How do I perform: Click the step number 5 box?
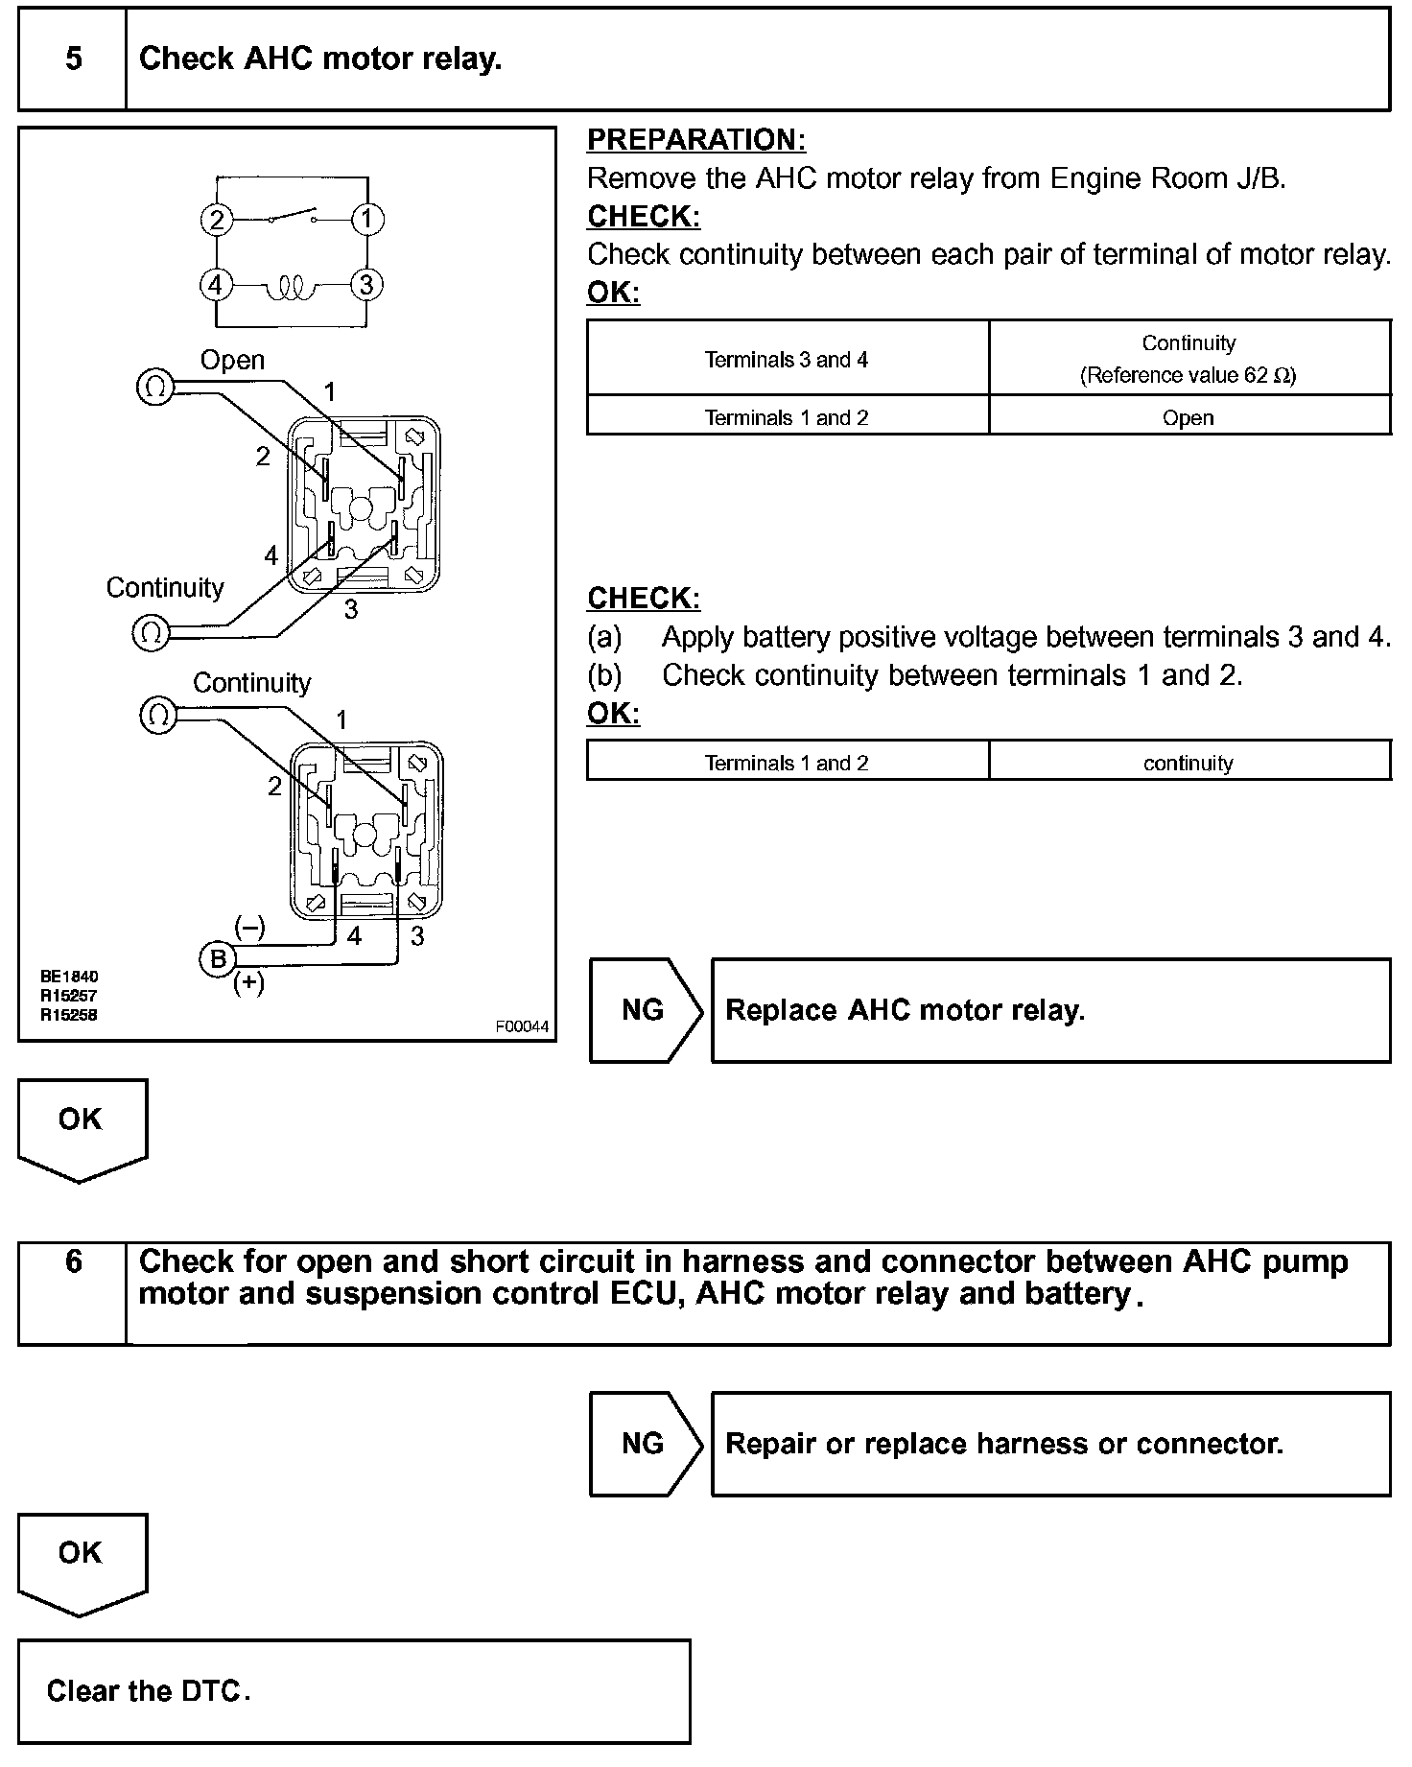[x=73, y=59]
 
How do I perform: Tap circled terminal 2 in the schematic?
[x=217, y=221]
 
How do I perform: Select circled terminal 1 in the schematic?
[x=367, y=220]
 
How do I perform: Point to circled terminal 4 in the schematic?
[x=216, y=285]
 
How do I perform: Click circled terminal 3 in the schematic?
[x=366, y=285]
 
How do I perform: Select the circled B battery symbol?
[x=217, y=959]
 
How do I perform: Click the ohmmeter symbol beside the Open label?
[x=155, y=387]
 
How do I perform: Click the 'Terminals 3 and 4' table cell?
[x=787, y=359]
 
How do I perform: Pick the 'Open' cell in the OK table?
[x=1188, y=417]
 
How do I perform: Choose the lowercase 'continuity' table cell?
[x=1188, y=763]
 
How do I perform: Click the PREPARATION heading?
[x=695, y=140]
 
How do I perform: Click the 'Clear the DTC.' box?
[x=353, y=1691]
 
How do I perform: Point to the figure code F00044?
[x=522, y=1026]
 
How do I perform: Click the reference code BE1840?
[x=69, y=977]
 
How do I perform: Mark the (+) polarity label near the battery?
[x=249, y=983]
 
